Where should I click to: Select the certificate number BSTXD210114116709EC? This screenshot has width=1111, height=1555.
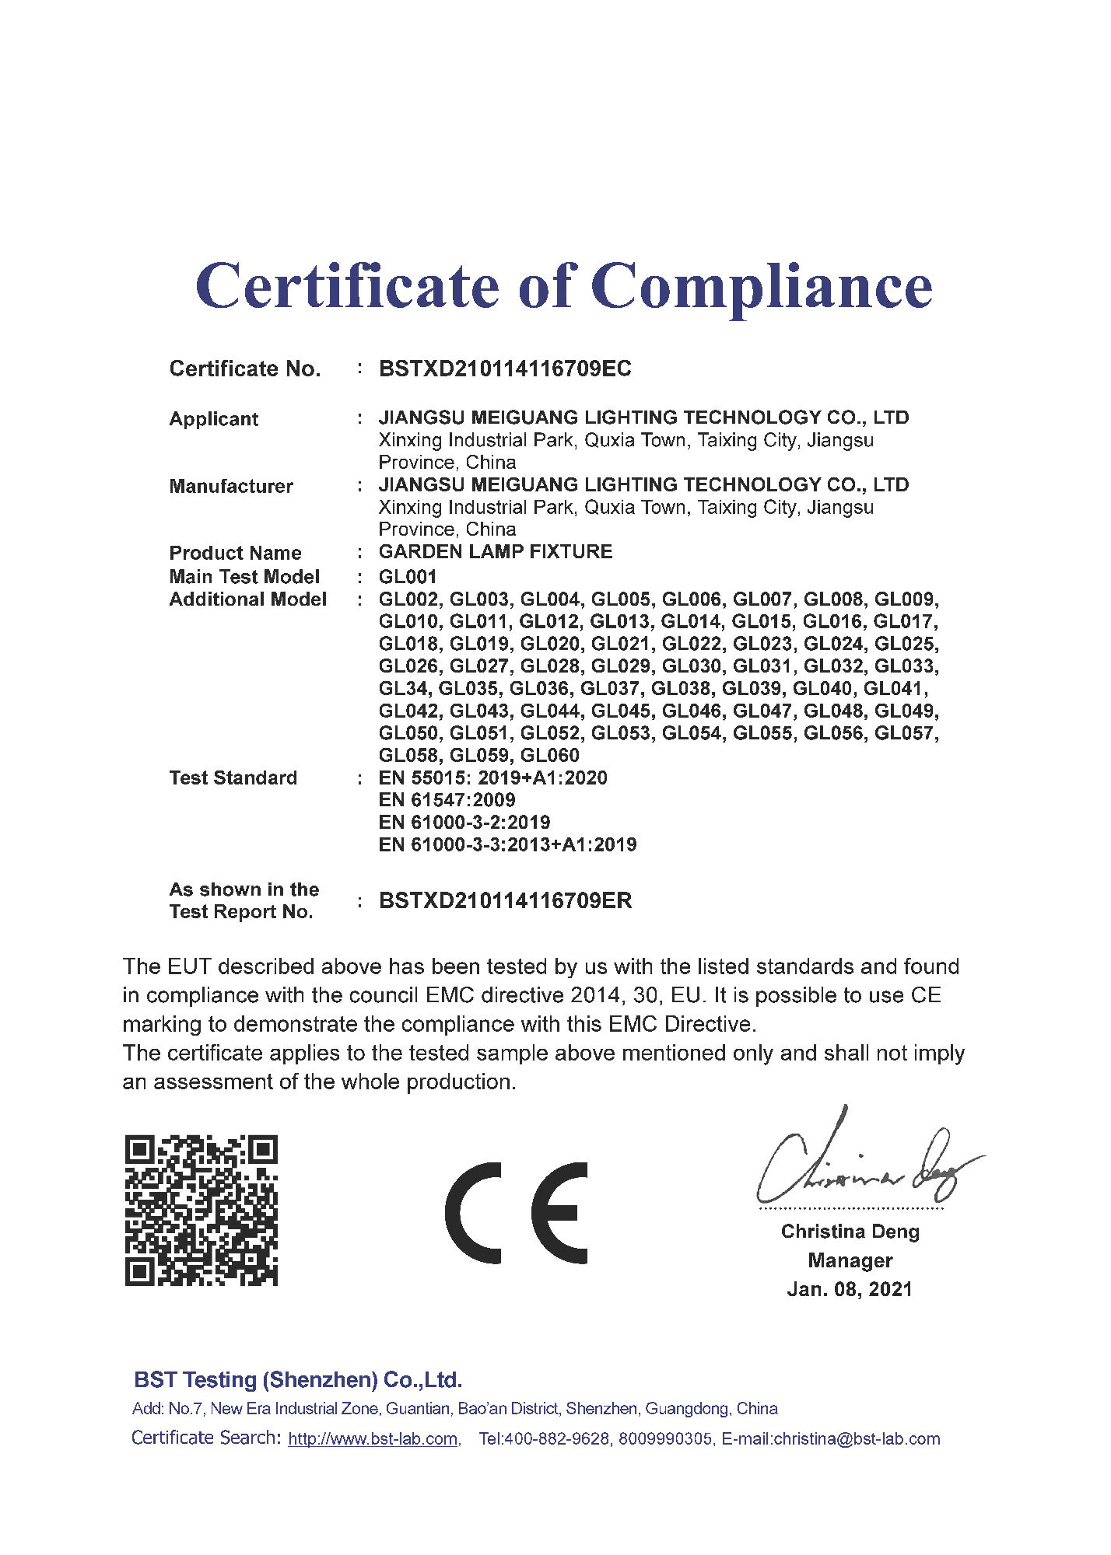(x=505, y=369)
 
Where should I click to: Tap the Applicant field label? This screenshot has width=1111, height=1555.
(x=213, y=419)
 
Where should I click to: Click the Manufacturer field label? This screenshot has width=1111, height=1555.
(x=231, y=487)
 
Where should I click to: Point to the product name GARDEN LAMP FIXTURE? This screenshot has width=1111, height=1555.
(x=496, y=552)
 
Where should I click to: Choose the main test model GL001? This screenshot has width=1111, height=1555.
(x=408, y=577)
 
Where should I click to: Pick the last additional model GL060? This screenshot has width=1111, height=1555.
(x=550, y=756)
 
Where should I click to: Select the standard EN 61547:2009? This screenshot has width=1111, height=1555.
(x=447, y=800)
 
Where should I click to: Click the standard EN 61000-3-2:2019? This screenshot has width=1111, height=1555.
(x=464, y=823)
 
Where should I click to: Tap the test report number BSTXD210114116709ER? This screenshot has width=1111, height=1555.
(x=505, y=901)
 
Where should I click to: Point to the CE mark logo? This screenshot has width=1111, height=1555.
(x=517, y=1213)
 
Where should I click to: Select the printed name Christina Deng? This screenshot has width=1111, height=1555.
(x=850, y=1232)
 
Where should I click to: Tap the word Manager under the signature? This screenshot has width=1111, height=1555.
(x=850, y=1260)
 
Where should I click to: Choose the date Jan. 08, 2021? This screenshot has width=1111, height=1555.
(x=850, y=1289)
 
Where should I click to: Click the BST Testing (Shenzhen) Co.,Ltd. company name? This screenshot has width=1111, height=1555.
(x=298, y=1380)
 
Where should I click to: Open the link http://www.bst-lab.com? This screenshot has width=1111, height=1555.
(x=373, y=1439)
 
